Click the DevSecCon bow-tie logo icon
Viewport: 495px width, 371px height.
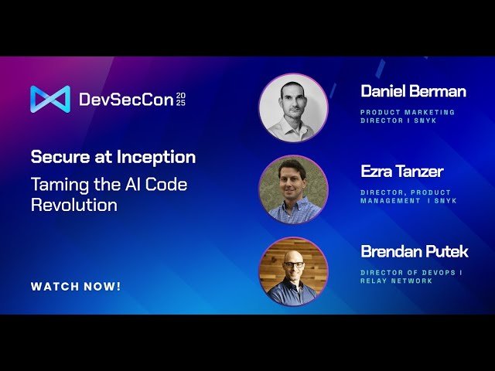50,99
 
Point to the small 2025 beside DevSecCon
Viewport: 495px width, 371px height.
180,99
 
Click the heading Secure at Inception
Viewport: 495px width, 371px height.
113,158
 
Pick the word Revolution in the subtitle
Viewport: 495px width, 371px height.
74,206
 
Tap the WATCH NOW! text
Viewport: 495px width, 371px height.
76,287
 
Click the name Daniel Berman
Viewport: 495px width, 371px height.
413,92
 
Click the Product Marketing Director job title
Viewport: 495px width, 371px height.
408,117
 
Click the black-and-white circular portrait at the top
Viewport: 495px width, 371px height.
293,108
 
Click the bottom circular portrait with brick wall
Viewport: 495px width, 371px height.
293,271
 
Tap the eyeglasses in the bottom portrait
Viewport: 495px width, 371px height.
293,264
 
